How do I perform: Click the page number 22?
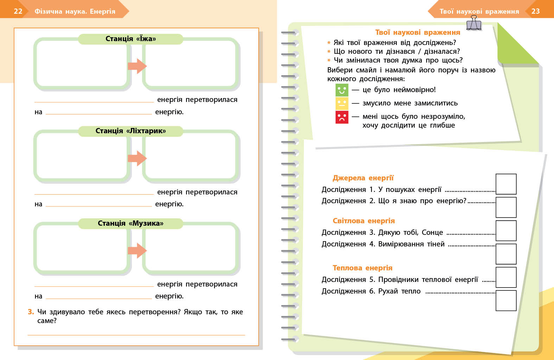(18, 11)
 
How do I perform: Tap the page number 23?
(535, 11)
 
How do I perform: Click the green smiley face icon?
(342, 90)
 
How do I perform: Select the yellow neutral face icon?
(342, 103)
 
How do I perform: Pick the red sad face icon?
(342, 117)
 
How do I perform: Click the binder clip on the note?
(474, 23)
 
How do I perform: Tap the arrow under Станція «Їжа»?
(137, 66)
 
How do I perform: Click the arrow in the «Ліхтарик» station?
(137, 158)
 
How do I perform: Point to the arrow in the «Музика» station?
(137, 250)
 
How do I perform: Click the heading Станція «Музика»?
(130, 223)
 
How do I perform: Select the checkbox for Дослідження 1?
(506, 184)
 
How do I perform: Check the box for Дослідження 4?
(506, 254)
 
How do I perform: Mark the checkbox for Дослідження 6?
(506, 301)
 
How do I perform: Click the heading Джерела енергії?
(363, 178)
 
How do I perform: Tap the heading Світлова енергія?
(364, 221)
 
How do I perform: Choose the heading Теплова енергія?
(362, 268)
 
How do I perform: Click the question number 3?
(31, 312)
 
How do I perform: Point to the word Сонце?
(432, 232)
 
